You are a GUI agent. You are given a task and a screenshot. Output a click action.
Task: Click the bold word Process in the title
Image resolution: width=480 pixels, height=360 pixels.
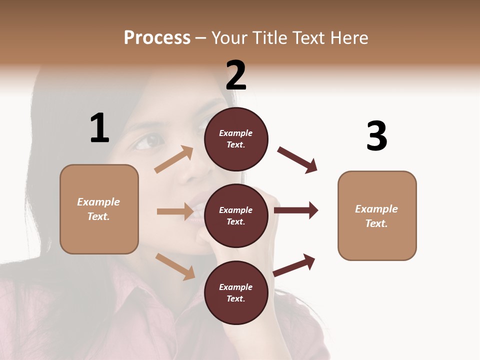click(x=157, y=37)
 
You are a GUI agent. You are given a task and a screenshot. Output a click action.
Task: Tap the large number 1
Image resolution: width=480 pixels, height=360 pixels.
click(x=99, y=128)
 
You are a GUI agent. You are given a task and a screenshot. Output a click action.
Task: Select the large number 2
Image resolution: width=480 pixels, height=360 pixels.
click(x=236, y=75)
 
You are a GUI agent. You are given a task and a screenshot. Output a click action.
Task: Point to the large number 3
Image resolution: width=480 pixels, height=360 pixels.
click(x=376, y=136)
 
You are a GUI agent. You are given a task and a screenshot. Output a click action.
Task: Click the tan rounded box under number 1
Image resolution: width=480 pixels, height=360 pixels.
click(x=99, y=209)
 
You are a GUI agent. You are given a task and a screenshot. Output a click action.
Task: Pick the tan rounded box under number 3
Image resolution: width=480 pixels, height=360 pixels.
click(x=377, y=215)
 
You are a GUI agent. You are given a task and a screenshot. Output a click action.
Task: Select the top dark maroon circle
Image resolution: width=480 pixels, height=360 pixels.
click(x=236, y=139)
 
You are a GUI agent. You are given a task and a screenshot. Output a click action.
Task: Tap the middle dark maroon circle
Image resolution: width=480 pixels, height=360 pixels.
click(x=236, y=215)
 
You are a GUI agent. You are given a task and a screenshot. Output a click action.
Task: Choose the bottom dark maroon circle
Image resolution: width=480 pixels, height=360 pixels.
click(x=236, y=292)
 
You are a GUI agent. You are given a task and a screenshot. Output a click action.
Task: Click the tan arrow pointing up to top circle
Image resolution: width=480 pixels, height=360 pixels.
click(x=174, y=159)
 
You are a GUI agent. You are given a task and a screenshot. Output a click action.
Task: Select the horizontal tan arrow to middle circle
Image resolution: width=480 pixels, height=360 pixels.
click(x=175, y=211)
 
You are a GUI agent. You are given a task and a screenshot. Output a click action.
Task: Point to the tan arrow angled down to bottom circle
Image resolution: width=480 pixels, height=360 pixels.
click(x=175, y=266)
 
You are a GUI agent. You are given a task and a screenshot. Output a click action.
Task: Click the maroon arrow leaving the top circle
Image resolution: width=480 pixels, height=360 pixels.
click(x=297, y=160)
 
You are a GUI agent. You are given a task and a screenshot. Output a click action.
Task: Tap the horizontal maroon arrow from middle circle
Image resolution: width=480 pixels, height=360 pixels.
click(x=296, y=210)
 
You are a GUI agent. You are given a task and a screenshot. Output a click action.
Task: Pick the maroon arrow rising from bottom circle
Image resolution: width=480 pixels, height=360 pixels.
click(x=294, y=265)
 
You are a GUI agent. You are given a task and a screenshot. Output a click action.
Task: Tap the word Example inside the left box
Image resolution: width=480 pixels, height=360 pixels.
click(x=98, y=202)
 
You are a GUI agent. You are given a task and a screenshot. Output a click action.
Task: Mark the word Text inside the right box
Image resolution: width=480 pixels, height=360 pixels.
click(x=376, y=223)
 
